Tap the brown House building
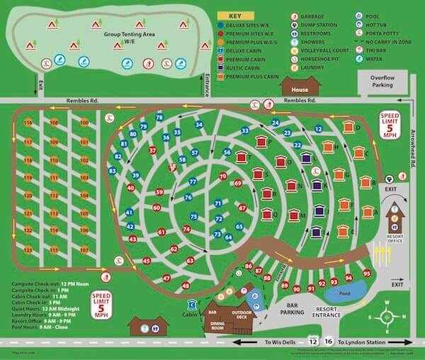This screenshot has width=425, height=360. (296, 87)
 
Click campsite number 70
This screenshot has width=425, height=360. (223, 176)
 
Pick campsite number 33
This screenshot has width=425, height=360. (245, 131)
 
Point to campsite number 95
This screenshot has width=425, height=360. (366, 273)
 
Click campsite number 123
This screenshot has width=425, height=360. (28, 249)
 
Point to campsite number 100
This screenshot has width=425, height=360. (84, 123)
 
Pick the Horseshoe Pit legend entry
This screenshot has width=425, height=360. (320, 60)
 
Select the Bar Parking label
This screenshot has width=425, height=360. (292, 310)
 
